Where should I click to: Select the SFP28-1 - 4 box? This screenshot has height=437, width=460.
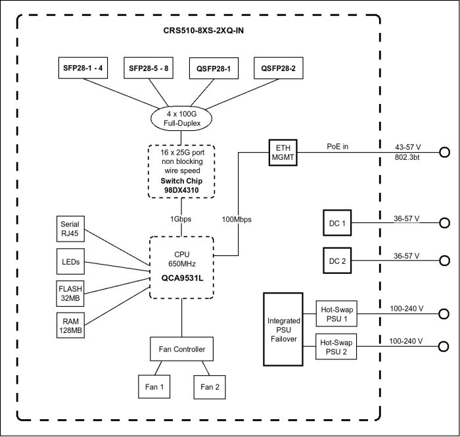point(83,68)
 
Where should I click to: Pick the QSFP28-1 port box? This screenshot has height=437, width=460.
point(214,68)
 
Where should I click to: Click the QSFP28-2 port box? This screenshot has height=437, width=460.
point(279,68)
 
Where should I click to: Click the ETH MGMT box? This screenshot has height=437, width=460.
point(282,152)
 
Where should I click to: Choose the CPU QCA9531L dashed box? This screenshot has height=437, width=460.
point(181,267)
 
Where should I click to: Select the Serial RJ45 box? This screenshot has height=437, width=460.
point(70,229)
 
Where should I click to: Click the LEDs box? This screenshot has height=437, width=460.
point(70,261)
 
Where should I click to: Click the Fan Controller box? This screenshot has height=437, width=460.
point(181,349)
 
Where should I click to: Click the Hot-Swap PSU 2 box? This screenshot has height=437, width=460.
point(336,347)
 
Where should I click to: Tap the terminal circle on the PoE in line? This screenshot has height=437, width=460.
point(445,152)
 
